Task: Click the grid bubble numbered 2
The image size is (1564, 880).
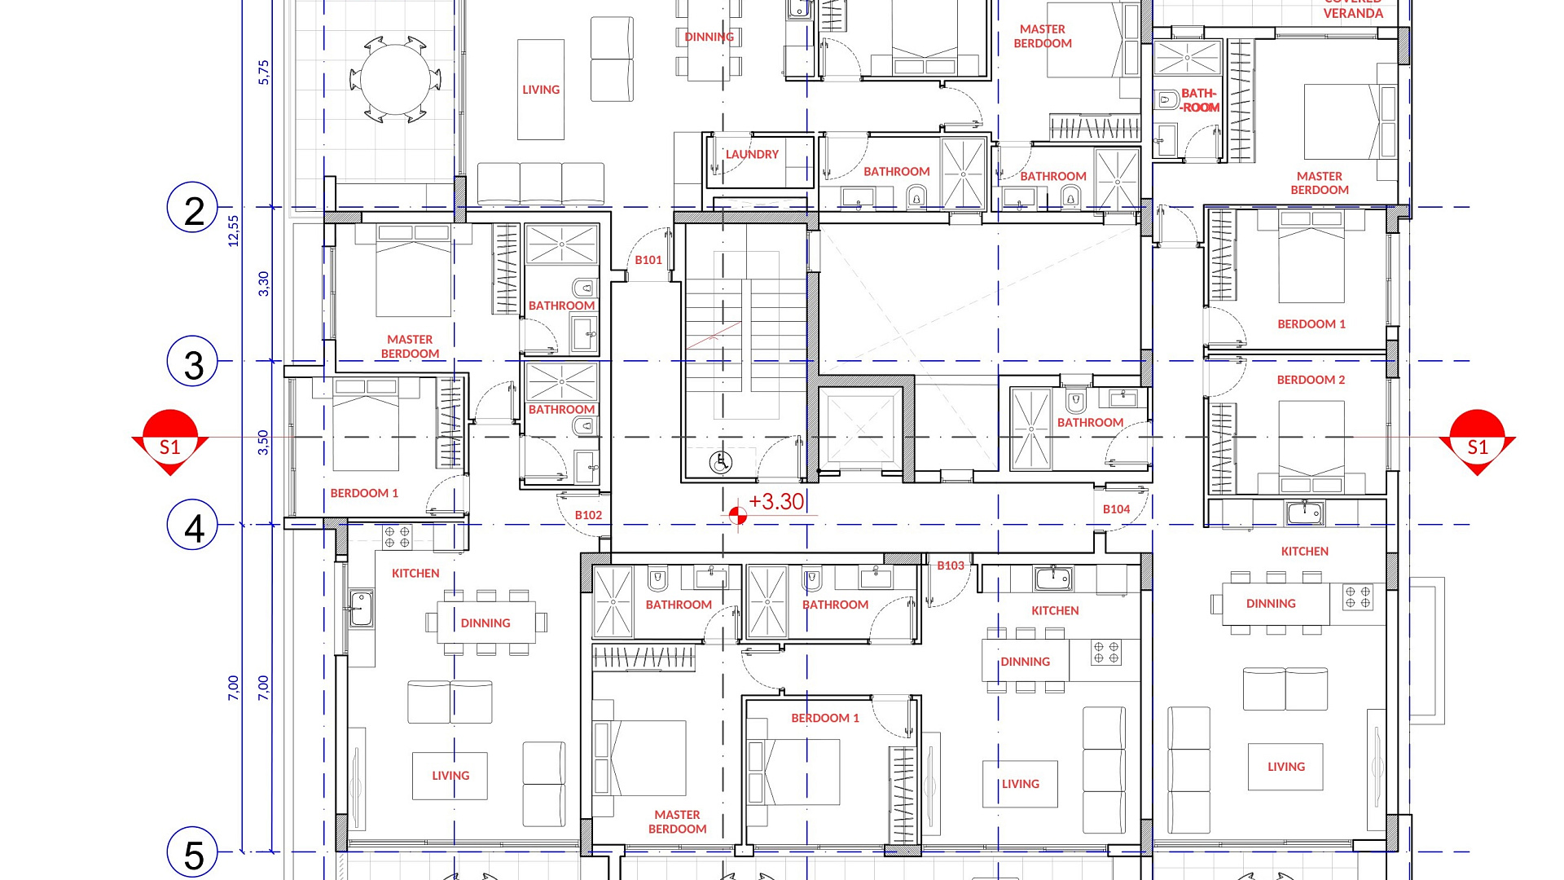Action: (193, 208)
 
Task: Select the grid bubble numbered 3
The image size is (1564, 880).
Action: (193, 362)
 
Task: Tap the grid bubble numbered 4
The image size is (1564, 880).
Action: (193, 525)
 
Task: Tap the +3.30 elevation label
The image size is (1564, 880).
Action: (776, 502)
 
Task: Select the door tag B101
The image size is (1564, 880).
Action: (648, 260)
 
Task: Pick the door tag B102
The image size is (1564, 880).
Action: (588, 515)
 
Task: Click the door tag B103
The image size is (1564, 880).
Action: (951, 565)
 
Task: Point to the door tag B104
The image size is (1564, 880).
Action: (1117, 509)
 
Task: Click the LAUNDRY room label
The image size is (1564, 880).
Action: (752, 154)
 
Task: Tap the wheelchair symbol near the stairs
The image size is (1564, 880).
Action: (720, 463)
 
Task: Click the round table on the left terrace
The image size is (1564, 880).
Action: (395, 80)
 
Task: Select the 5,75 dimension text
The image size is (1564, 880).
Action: (263, 73)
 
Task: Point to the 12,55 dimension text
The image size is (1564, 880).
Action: (234, 231)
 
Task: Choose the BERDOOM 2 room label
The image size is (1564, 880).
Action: (1311, 380)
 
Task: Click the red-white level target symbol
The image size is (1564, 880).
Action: (738, 516)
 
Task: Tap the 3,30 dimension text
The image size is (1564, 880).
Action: (263, 284)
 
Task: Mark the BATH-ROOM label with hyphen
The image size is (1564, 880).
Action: (1199, 100)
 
